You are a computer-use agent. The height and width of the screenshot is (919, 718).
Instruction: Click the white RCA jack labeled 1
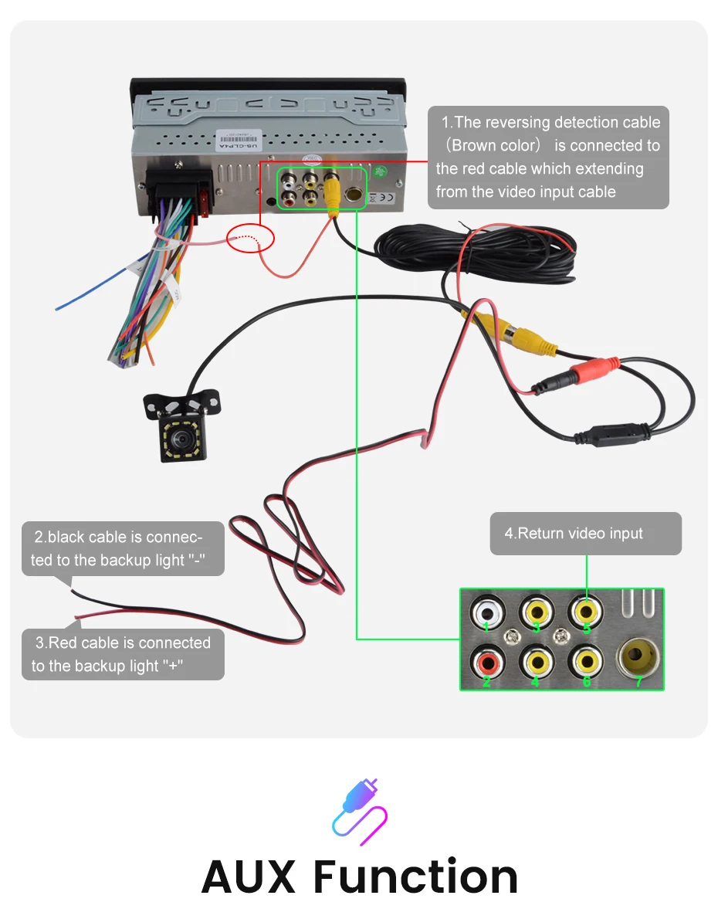click(x=486, y=614)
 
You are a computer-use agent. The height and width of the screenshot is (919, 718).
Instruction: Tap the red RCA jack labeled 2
click(x=486, y=661)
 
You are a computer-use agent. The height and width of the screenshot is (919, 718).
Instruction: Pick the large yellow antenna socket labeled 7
click(x=638, y=659)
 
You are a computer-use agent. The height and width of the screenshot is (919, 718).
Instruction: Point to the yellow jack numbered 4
click(x=536, y=661)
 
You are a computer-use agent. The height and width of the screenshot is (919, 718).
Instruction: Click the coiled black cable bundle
click(x=494, y=255)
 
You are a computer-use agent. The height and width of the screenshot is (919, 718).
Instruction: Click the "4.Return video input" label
click(x=574, y=533)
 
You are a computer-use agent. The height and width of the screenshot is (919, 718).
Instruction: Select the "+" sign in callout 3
click(x=174, y=666)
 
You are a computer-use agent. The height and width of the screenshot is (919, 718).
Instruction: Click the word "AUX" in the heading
click(x=249, y=877)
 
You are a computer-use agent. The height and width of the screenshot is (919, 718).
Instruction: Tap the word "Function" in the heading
click(x=415, y=877)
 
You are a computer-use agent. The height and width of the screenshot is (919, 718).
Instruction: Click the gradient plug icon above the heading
click(x=359, y=811)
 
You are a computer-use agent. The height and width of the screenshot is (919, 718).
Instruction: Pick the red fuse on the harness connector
click(x=204, y=202)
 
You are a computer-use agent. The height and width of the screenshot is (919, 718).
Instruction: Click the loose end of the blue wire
click(x=57, y=309)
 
